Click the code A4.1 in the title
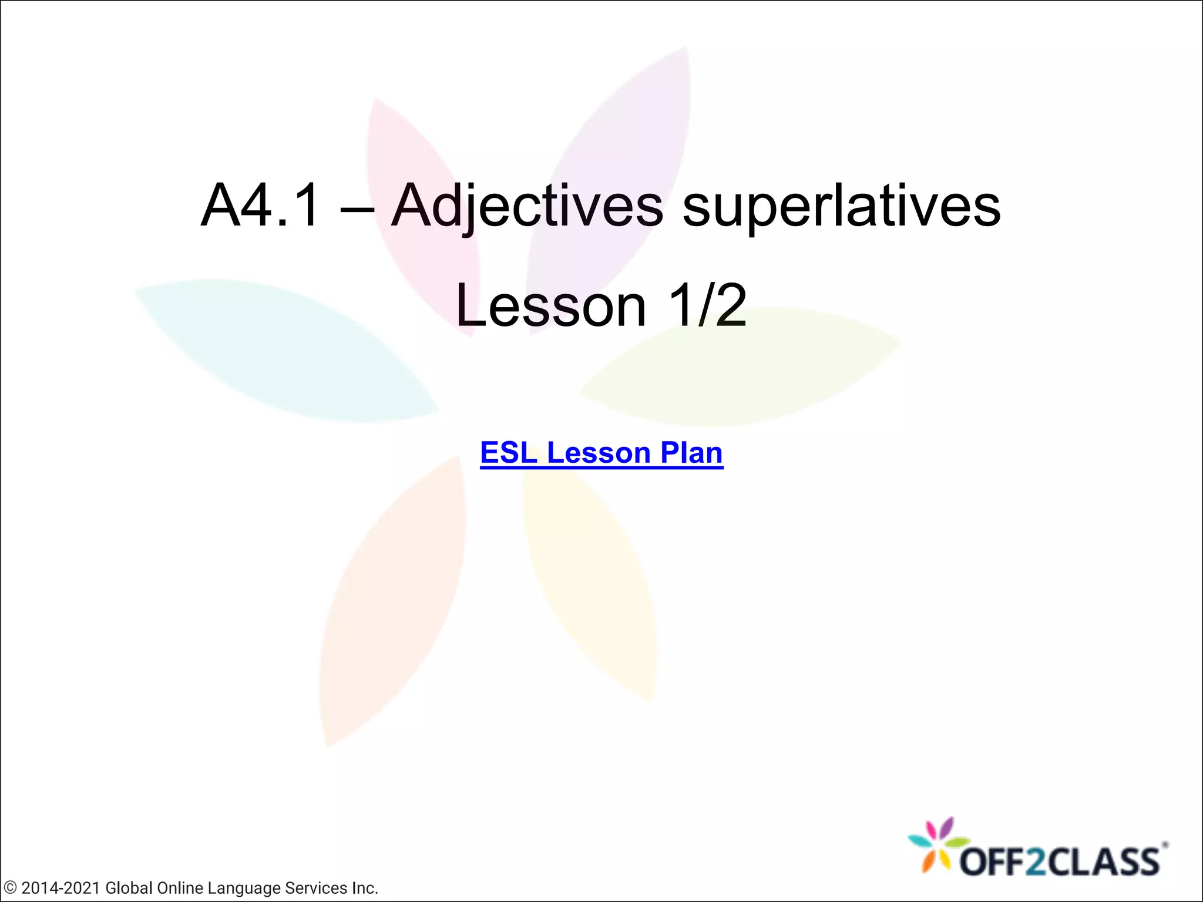261,206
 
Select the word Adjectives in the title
527,206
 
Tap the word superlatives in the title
841,206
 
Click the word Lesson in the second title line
551,305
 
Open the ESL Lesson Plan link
601,453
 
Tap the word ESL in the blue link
509,453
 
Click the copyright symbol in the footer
10,888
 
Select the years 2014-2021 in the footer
61,888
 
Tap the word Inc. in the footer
364,888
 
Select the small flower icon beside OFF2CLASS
937,846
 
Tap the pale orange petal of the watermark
391,605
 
